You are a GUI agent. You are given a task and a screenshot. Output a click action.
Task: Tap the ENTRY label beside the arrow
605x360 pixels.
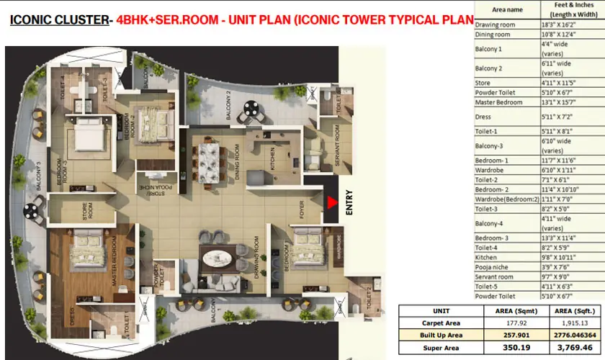pyautogui.click(x=349, y=203)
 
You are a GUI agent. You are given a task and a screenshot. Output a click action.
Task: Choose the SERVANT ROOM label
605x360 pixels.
pyautogui.click(x=336, y=147)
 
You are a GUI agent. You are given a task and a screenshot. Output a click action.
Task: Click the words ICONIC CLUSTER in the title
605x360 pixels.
pyautogui.click(x=57, y=22)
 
